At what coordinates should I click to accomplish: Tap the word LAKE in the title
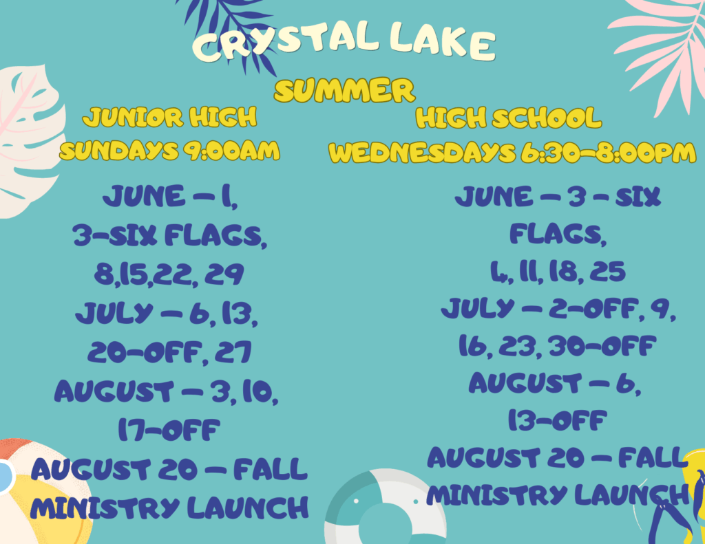[443, 41]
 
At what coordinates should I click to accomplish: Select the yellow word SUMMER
[344, 90]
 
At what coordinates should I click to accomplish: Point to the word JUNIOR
[133, 117]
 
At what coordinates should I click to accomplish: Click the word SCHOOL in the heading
[547, 118]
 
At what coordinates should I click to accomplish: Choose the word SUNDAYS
[119, 151]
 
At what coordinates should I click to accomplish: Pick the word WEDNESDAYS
[422, 152]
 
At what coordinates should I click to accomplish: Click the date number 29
[224, 274]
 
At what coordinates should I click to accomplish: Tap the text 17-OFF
[169, 430]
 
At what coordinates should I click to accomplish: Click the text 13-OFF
[558, 420]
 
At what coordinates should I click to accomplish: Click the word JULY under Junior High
[114, 313]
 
